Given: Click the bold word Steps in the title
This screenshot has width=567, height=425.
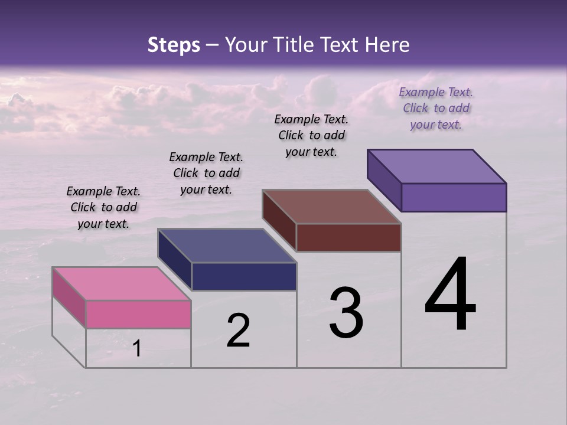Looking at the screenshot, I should (x=174, y=45).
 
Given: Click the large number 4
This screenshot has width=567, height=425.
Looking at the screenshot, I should (x=451, y=295).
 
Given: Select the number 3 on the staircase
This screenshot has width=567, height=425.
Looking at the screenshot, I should (x=346, y=313).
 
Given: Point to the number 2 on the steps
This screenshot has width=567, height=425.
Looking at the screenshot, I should (x=238, y=331).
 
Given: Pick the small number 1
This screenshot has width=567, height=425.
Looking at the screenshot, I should (x=137, y=349).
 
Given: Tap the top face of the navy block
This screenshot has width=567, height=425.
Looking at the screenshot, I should (x=227, y=246).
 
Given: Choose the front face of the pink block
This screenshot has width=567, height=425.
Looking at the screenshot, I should (x=138, y=314).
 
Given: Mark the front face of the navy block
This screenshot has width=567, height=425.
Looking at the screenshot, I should (x=244, y=276).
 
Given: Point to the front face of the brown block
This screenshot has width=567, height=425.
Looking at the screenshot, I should (x=348, y=237).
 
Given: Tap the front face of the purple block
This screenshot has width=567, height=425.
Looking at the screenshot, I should (x=454, y=197).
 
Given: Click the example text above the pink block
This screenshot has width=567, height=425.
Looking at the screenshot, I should (x=104, y=207).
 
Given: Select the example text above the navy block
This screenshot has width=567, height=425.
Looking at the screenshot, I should (x=206, y=173).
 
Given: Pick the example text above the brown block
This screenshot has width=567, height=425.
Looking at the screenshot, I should (x=311, y=135).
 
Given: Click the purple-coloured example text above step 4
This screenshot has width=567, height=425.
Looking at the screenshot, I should (x=436, y=108).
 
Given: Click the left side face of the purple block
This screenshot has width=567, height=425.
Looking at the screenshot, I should (x=384, y=179).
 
